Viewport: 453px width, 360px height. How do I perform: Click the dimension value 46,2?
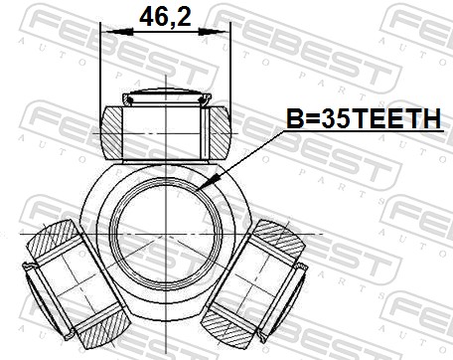tap(165, 17)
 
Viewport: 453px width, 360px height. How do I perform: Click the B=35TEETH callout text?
tap(364, 118)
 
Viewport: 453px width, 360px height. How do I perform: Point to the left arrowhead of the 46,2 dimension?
tap(116, 32)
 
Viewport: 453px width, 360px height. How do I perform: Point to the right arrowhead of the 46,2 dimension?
tap(214, 32)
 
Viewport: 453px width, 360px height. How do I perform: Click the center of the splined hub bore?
tap(165, 234)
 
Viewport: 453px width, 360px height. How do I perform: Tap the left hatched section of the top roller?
tap(112, 132)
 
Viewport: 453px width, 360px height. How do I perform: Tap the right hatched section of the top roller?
tap(220, 132)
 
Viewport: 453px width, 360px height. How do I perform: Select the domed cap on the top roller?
tap(167, 96)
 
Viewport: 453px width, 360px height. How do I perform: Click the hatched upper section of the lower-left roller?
tap(53, 241)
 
